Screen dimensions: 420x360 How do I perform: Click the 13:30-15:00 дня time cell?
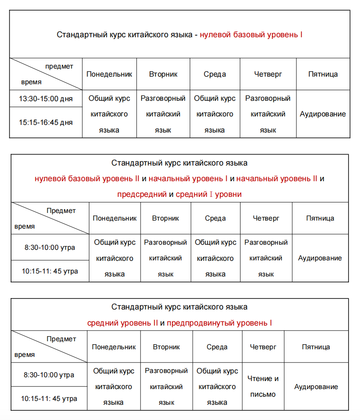click(x=46, y=99)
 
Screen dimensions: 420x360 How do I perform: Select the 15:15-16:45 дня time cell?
click(x=46, y=122)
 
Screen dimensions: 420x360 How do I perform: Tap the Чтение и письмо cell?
click(x=263, y=387)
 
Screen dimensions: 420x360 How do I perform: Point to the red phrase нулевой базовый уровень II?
click(x=87, y=179)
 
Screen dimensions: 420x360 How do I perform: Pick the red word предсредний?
click(x=142, y=195)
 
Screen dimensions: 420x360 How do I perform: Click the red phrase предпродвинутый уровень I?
click(x=219, y=323)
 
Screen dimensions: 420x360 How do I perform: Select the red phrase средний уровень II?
click(x=122, y=323)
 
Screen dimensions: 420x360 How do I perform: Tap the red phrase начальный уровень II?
click(x=277, y=179)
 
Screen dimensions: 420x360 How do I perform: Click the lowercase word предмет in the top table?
click(x=59, y=66)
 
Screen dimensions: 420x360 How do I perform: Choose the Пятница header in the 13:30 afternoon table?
click(x=323, y=75)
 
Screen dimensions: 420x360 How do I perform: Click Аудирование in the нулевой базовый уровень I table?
click(x=323, y=114)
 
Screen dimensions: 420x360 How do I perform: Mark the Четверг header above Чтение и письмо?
click(x=263, y=347)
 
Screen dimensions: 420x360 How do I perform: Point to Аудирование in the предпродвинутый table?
click(x=316, y=387)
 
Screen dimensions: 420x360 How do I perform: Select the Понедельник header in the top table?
click(x=109, y=75)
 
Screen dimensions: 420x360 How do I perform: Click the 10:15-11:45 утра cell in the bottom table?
click(x=49, y=398)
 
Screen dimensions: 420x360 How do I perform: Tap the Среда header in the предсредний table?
click(x=215, y=218)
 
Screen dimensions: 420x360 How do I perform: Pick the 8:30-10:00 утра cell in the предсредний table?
click(x=50, y=247)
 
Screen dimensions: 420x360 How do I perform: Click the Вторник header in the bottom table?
click(x=166, y=347)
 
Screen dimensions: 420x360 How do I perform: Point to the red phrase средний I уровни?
click(x=209, y=195)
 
